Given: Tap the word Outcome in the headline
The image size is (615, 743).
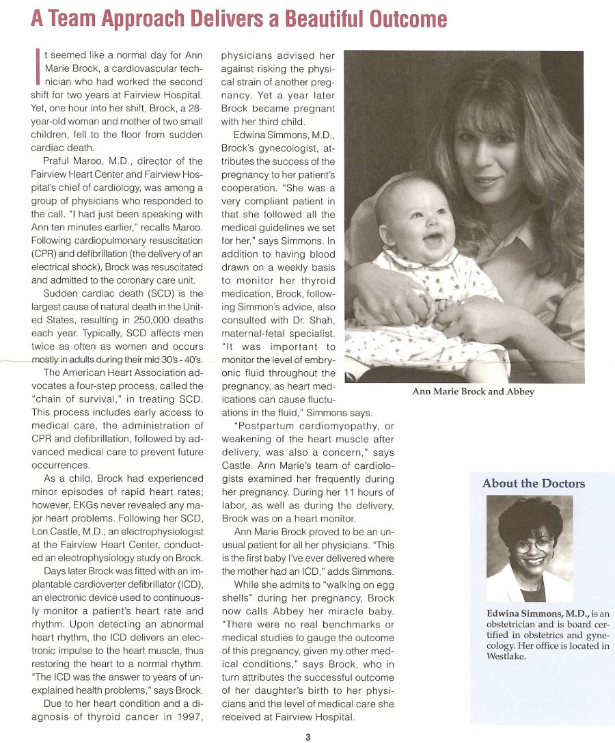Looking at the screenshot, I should pyautogui.click(x=408, y=18).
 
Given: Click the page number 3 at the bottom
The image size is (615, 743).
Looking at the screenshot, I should pyautogui.click(x=308, y=736).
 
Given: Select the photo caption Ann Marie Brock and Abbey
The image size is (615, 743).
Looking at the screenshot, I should pyautogui.click(x=473, y=392).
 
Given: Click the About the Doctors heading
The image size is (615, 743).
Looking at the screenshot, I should pyautogui.click(x=534, y=483).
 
